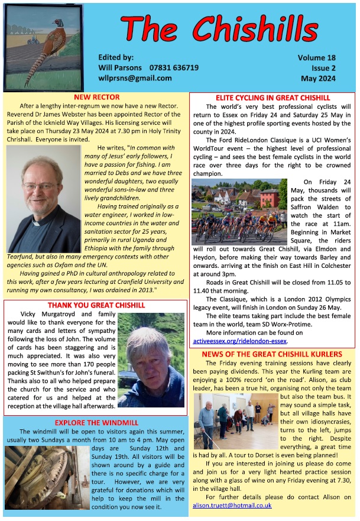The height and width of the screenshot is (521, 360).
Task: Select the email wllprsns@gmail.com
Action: (135, 77)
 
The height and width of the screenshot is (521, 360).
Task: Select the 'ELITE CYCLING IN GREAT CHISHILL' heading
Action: (273, 98)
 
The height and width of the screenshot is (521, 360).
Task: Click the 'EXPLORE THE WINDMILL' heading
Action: (96, 423)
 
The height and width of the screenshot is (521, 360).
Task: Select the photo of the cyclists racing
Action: (238, 211)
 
